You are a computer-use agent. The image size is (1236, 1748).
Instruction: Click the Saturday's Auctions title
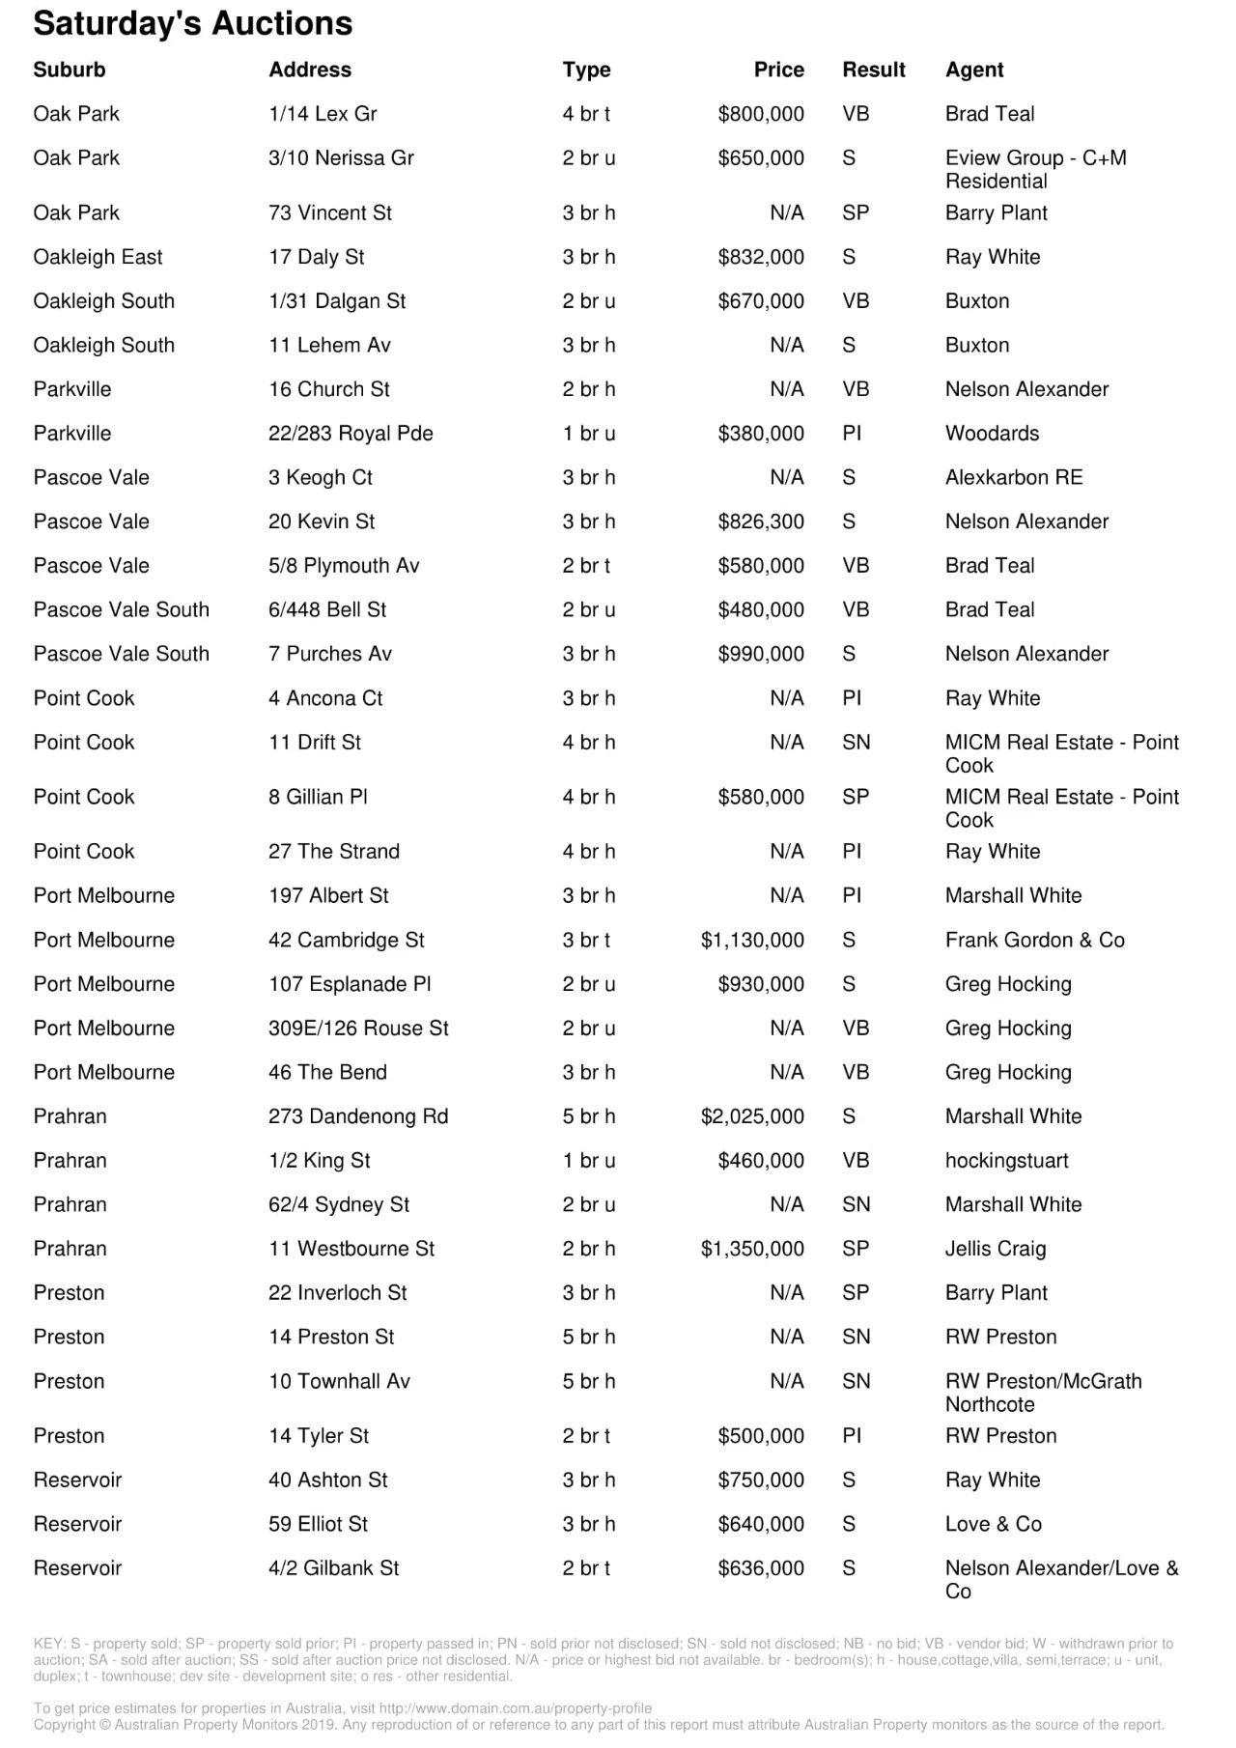tap(193, 23)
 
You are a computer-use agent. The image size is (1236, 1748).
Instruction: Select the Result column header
tap(873, 70)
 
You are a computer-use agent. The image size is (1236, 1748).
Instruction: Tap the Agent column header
tap(973, 70)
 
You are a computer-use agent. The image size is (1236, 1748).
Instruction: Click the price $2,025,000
tap(752, 1116)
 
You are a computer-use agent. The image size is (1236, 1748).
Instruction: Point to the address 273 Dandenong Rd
tap(358, 1116)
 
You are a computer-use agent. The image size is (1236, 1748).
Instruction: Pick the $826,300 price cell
tap(760, 522)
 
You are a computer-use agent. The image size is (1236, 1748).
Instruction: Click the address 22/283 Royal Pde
tap(351, 434)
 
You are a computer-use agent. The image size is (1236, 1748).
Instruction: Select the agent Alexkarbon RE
tap(1013, 477)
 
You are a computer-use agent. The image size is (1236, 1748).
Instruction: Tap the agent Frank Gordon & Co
tap(1034, 940)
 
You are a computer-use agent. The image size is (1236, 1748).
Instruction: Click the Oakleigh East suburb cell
tap(98, 257)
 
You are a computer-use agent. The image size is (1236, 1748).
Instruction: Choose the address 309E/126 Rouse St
tap(358, 1029)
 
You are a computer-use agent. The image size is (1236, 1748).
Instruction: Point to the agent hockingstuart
tap(1006, 1161)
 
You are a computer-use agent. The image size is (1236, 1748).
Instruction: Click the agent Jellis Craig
tap(995, 1249)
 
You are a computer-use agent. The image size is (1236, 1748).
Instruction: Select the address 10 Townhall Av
tap(339, 1381)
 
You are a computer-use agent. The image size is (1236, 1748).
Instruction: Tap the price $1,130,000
tap(752, 940)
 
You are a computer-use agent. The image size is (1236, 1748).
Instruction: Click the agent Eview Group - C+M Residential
tap(1035, 169)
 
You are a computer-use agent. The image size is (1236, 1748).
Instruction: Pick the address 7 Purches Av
tap(330, 654)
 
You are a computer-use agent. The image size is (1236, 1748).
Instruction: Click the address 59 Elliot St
tap(318, 1524)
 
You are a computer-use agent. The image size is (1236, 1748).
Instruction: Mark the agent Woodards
tap(992, 434)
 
